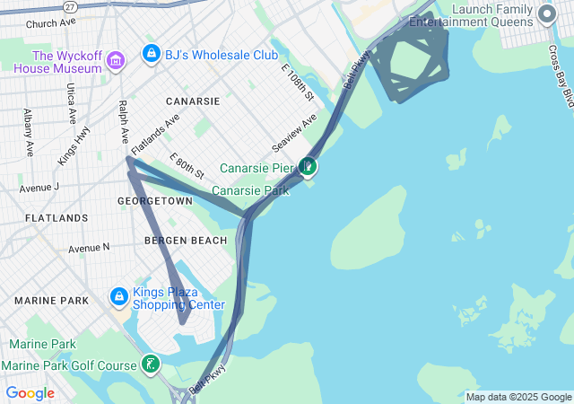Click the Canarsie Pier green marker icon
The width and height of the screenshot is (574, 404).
tap(308, 166)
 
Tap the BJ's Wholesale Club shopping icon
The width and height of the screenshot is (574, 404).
tap(151, 55)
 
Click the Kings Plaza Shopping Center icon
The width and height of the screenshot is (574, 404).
tap(118, 296)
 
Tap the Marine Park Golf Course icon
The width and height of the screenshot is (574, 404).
tap(152, 364)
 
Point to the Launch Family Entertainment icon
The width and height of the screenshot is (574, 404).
tap(547, 14)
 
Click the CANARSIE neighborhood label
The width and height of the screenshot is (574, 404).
tap(192, 101)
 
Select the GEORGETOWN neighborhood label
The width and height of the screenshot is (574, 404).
tap(155, 202)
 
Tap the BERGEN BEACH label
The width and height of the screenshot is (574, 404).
tap(186, 241)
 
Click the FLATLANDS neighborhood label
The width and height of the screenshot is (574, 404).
tap(57, 218)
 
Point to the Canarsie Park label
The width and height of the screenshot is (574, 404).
tap(250, 190)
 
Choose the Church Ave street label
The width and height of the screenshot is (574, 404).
tap(51, 23)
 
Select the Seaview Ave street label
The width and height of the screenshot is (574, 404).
tap(295, 133)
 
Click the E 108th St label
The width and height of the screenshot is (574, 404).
tap(298, 83)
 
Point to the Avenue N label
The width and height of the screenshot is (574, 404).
tap(89, 247)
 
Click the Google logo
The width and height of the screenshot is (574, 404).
tap(30, 393)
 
